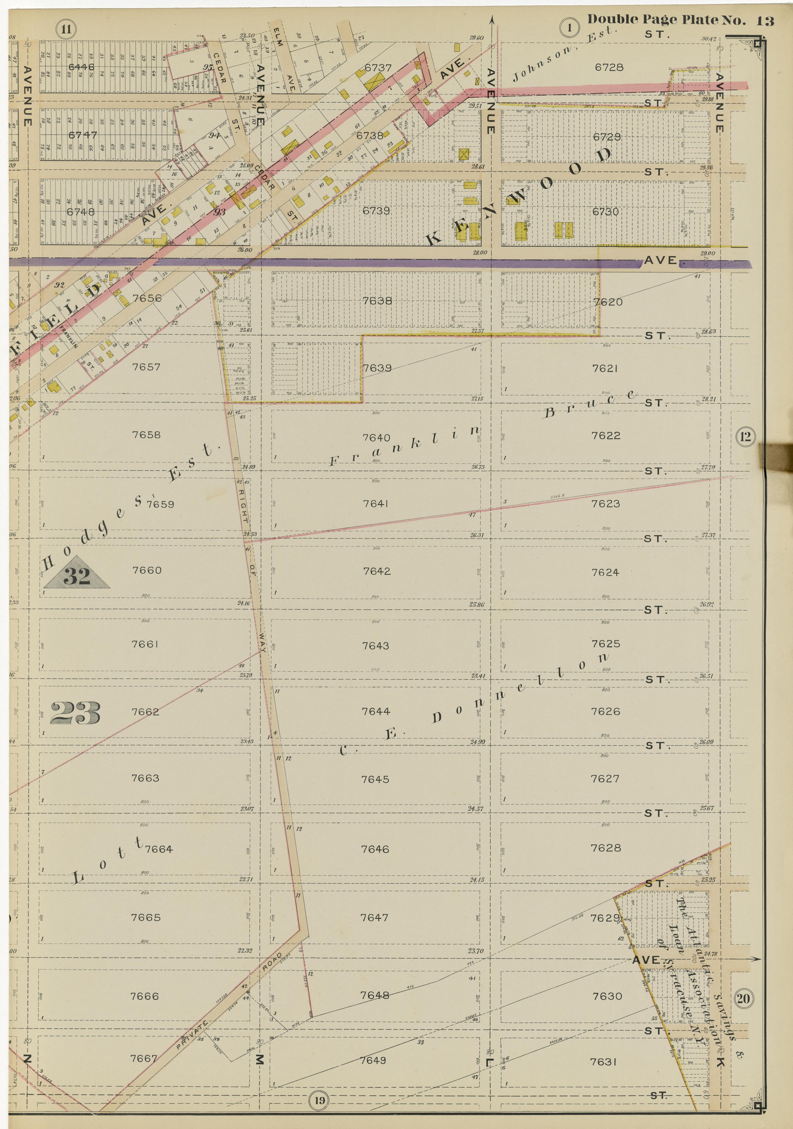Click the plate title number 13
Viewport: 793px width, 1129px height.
click(x=766, y=21)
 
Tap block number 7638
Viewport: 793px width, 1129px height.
click(x=377, y=301)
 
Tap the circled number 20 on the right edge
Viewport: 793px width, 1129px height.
click(x=743, y=998)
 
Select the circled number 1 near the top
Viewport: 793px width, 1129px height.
click(x=569, y=28)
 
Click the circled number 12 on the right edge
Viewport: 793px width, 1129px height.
click(x=745, y=436)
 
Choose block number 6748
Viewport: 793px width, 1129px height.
click(x=81, y=211)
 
